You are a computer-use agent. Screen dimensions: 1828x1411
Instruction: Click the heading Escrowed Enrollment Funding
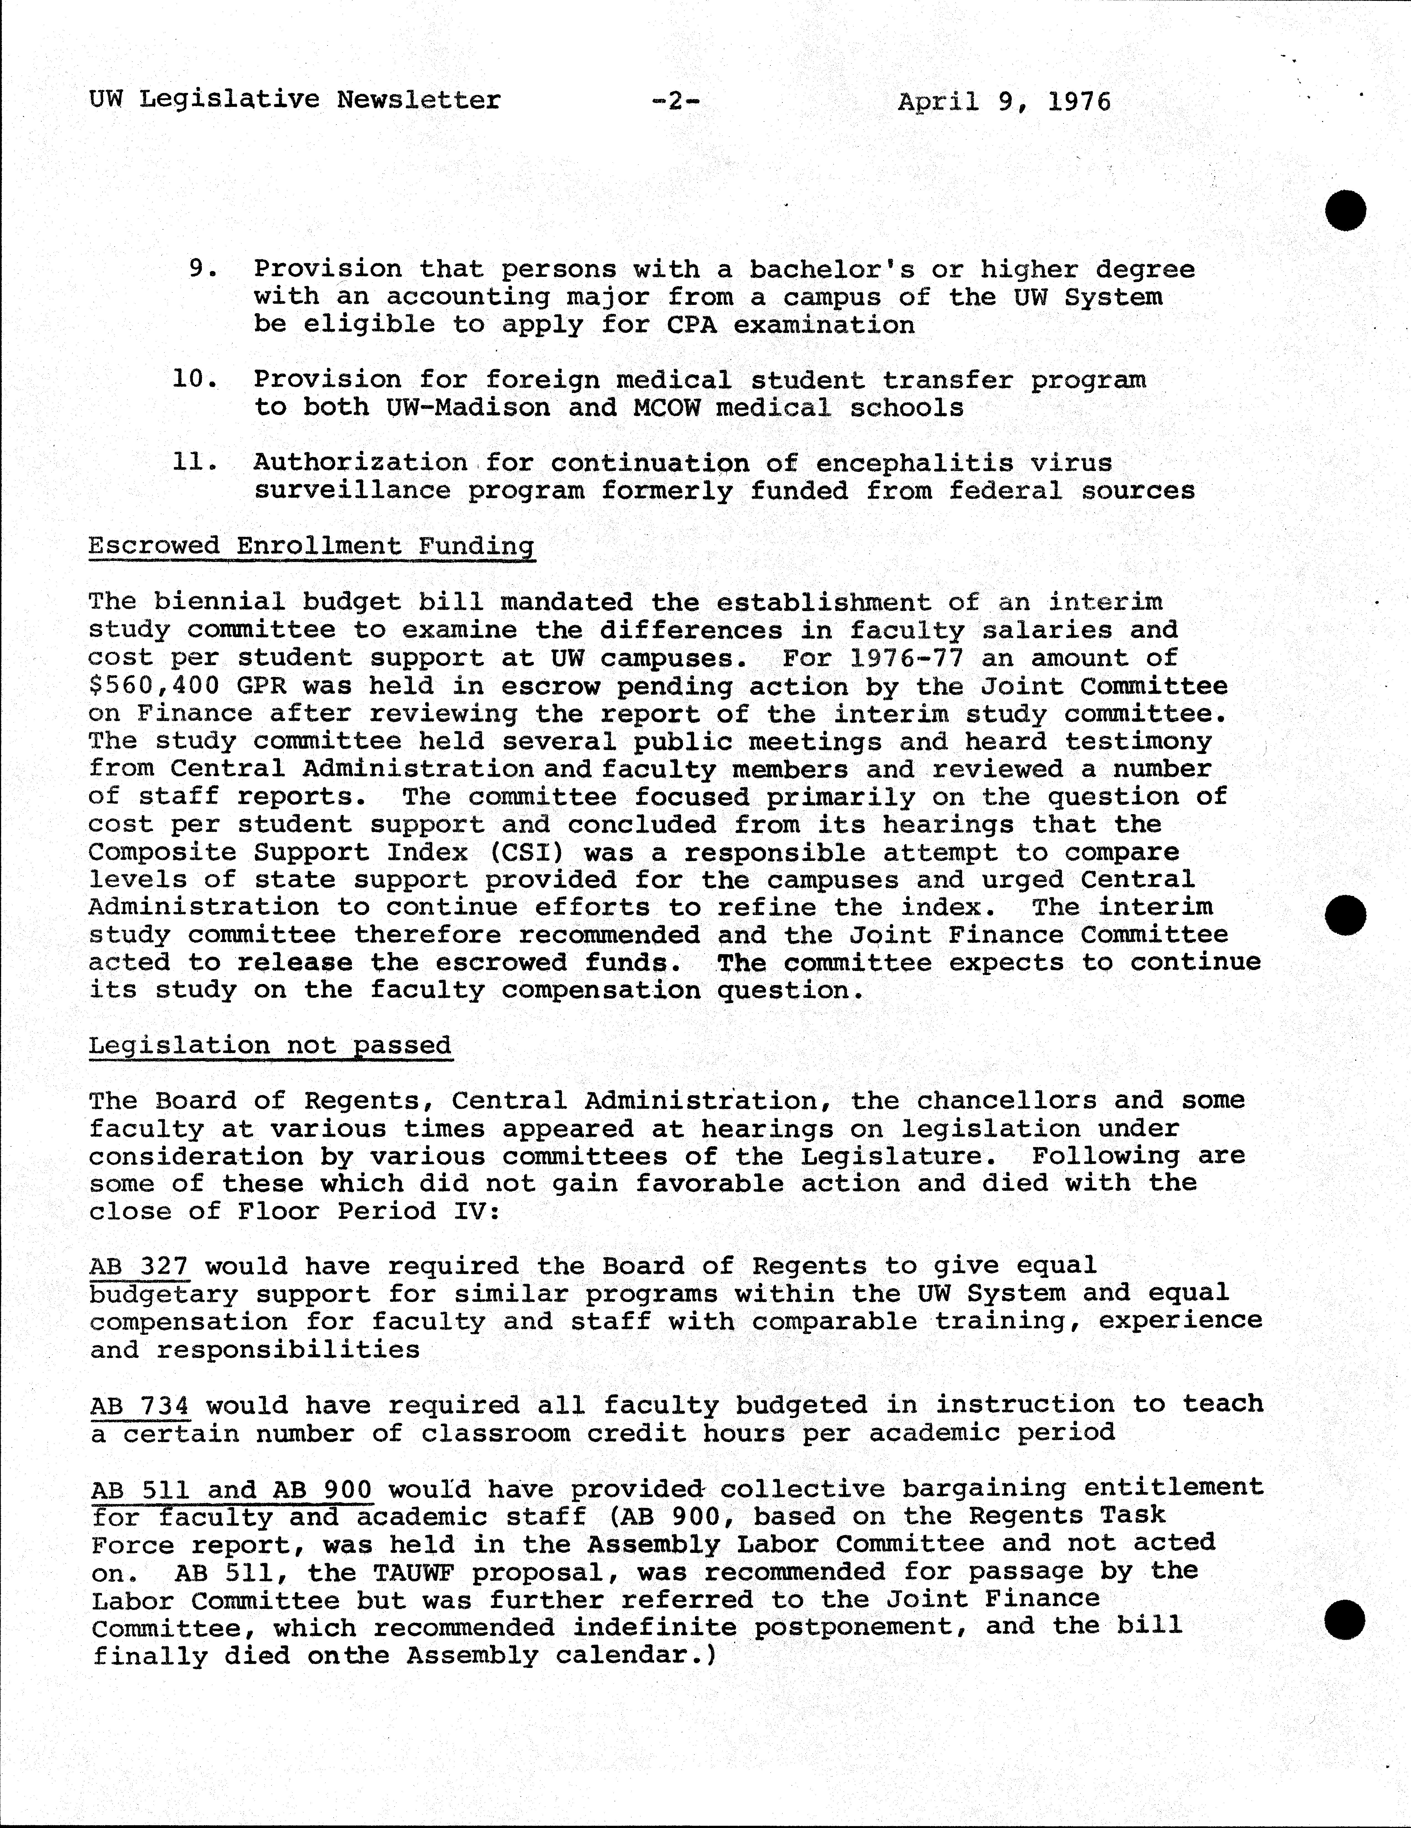coord(311,546)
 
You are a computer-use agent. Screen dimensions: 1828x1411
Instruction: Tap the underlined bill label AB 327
coord(139,1266)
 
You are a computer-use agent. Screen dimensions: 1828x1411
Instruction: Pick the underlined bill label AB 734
coord(139,1405)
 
